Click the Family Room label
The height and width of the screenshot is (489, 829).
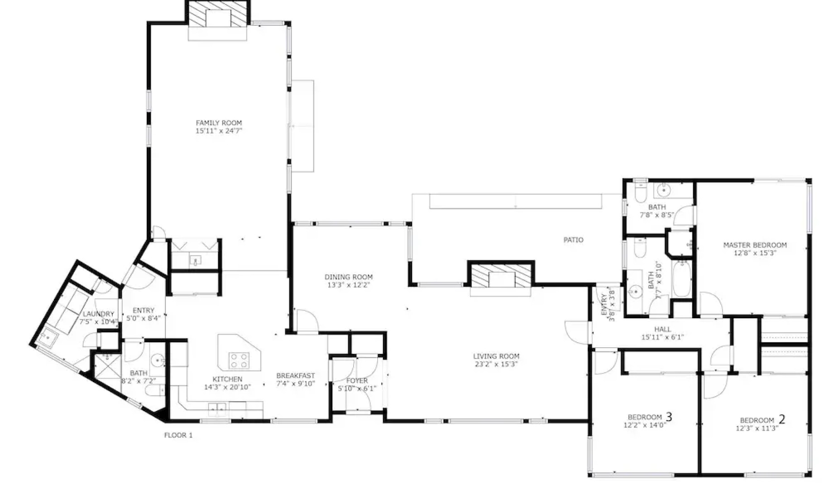[x=219, y=123]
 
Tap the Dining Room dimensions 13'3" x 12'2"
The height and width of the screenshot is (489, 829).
[x=349, y=285]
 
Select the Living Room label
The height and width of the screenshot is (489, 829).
[x=496, y=356]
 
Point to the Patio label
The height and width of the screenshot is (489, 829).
[x=573, y=240]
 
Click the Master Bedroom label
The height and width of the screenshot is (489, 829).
[x=755, y=245]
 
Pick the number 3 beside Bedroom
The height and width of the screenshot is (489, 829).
[x=668, y=417]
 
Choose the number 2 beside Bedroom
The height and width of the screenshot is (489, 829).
[x=781, y=419]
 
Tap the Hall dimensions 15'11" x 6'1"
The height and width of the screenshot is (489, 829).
[x=662, y=337]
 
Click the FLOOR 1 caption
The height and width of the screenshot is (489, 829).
[x=178, y=436]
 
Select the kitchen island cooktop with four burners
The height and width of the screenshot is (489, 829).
[x=239, y=360]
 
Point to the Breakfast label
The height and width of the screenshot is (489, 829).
[x=296, y=376]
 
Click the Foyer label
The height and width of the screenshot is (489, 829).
[x=357, y=381]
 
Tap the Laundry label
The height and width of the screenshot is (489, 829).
[x=98, y=314]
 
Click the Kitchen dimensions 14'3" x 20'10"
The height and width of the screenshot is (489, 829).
[x=227, y=387]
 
